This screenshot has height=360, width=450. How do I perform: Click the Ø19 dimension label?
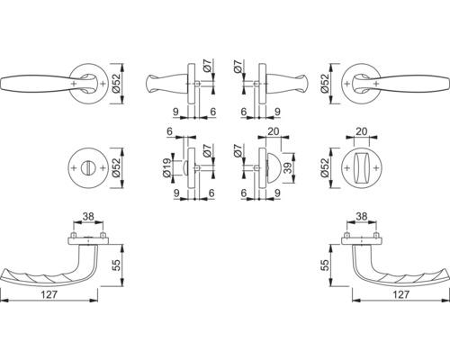click(x=168, y=168)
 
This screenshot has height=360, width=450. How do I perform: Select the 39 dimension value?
click(x=289, y=168)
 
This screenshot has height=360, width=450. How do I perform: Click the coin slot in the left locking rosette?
click(x=88, y=168)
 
